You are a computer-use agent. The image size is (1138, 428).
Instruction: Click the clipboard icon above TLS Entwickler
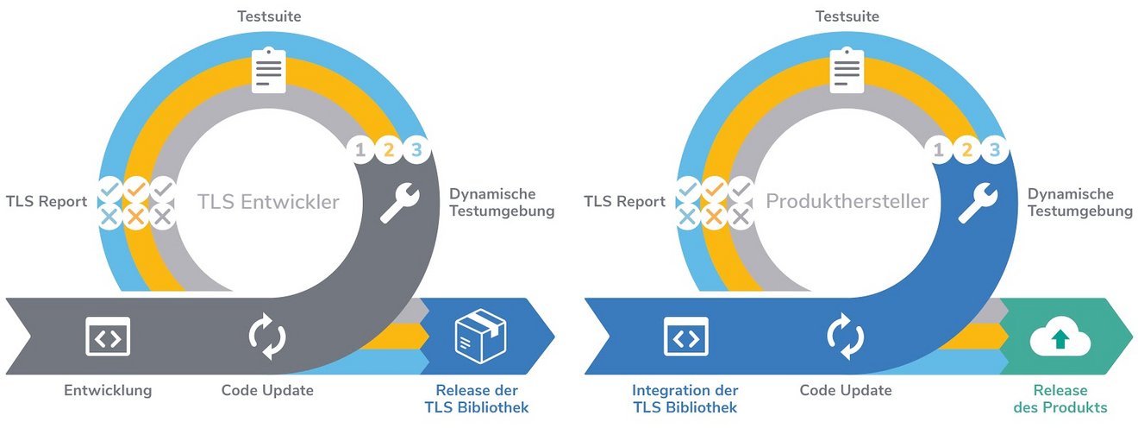(269, 70)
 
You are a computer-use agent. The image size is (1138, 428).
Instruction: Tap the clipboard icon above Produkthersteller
(847, 70)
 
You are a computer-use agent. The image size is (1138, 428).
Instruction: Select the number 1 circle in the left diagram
(360, 150)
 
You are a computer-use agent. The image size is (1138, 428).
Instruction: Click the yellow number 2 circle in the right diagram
(966, 150)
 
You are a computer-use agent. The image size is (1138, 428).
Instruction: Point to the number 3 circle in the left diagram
(416, 150)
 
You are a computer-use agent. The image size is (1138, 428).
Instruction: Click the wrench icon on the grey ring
(400, 203)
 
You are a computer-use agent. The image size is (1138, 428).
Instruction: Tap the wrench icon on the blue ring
(979, 203)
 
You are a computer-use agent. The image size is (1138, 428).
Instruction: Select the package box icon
(480, 336)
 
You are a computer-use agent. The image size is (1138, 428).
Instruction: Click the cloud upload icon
(1060, 337)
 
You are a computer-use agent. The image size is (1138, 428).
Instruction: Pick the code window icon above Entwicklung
(108, 336)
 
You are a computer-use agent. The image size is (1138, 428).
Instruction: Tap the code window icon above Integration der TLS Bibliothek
(686, 336)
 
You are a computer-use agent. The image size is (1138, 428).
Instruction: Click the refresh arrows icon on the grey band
(267, 336)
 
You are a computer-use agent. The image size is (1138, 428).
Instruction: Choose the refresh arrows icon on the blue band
(846, 336)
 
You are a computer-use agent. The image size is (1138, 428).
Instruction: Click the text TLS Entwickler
(268, 202)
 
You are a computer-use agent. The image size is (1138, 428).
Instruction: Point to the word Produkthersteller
(847, 201)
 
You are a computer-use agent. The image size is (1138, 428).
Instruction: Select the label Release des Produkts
(1060, 399)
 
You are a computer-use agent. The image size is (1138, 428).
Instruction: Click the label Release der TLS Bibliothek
(477, 399)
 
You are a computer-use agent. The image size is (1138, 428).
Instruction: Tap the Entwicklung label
(108, 390)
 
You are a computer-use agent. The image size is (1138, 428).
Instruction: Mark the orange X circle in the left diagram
(135, 217)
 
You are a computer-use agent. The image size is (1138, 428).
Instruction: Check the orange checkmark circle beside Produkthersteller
(714, 190)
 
